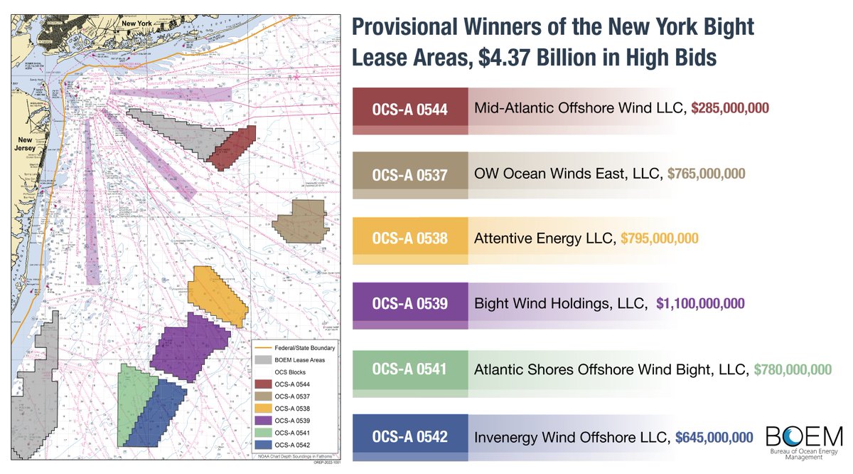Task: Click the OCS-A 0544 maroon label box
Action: [x=410, y=110]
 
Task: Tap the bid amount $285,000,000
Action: [x=731, y=108]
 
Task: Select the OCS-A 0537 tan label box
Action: [x=410, y=175]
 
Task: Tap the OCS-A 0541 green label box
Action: [x=410, y=369]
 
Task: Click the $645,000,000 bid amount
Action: [x=714, y=436]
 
